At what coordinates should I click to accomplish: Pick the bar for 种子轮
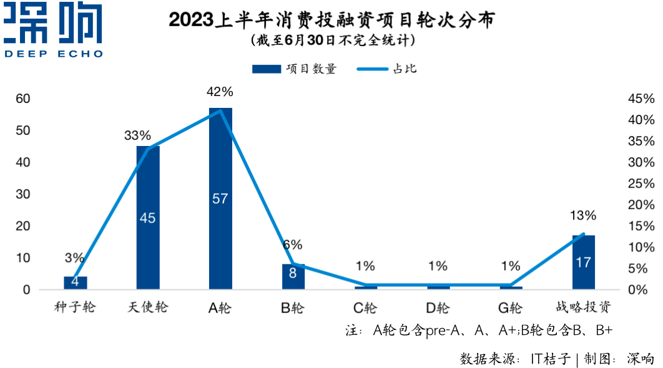coord(76,283)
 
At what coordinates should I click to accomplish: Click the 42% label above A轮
coord(220,92)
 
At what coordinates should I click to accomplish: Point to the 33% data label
coord(137,135)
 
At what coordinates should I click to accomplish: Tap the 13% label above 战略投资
coord(583,216)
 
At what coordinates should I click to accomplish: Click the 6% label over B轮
coord(292,245)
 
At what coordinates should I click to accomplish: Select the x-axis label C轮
coord(365,307)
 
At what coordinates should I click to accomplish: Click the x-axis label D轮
coord(438,307)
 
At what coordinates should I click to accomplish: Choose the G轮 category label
coord(510,307)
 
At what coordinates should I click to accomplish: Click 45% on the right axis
coord(641,99)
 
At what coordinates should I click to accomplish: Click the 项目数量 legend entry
coord(294,69)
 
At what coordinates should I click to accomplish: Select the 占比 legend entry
coord(386,69)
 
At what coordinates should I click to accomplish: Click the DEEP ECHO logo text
coord(54,54)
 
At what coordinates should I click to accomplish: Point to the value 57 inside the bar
coord(220,199)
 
